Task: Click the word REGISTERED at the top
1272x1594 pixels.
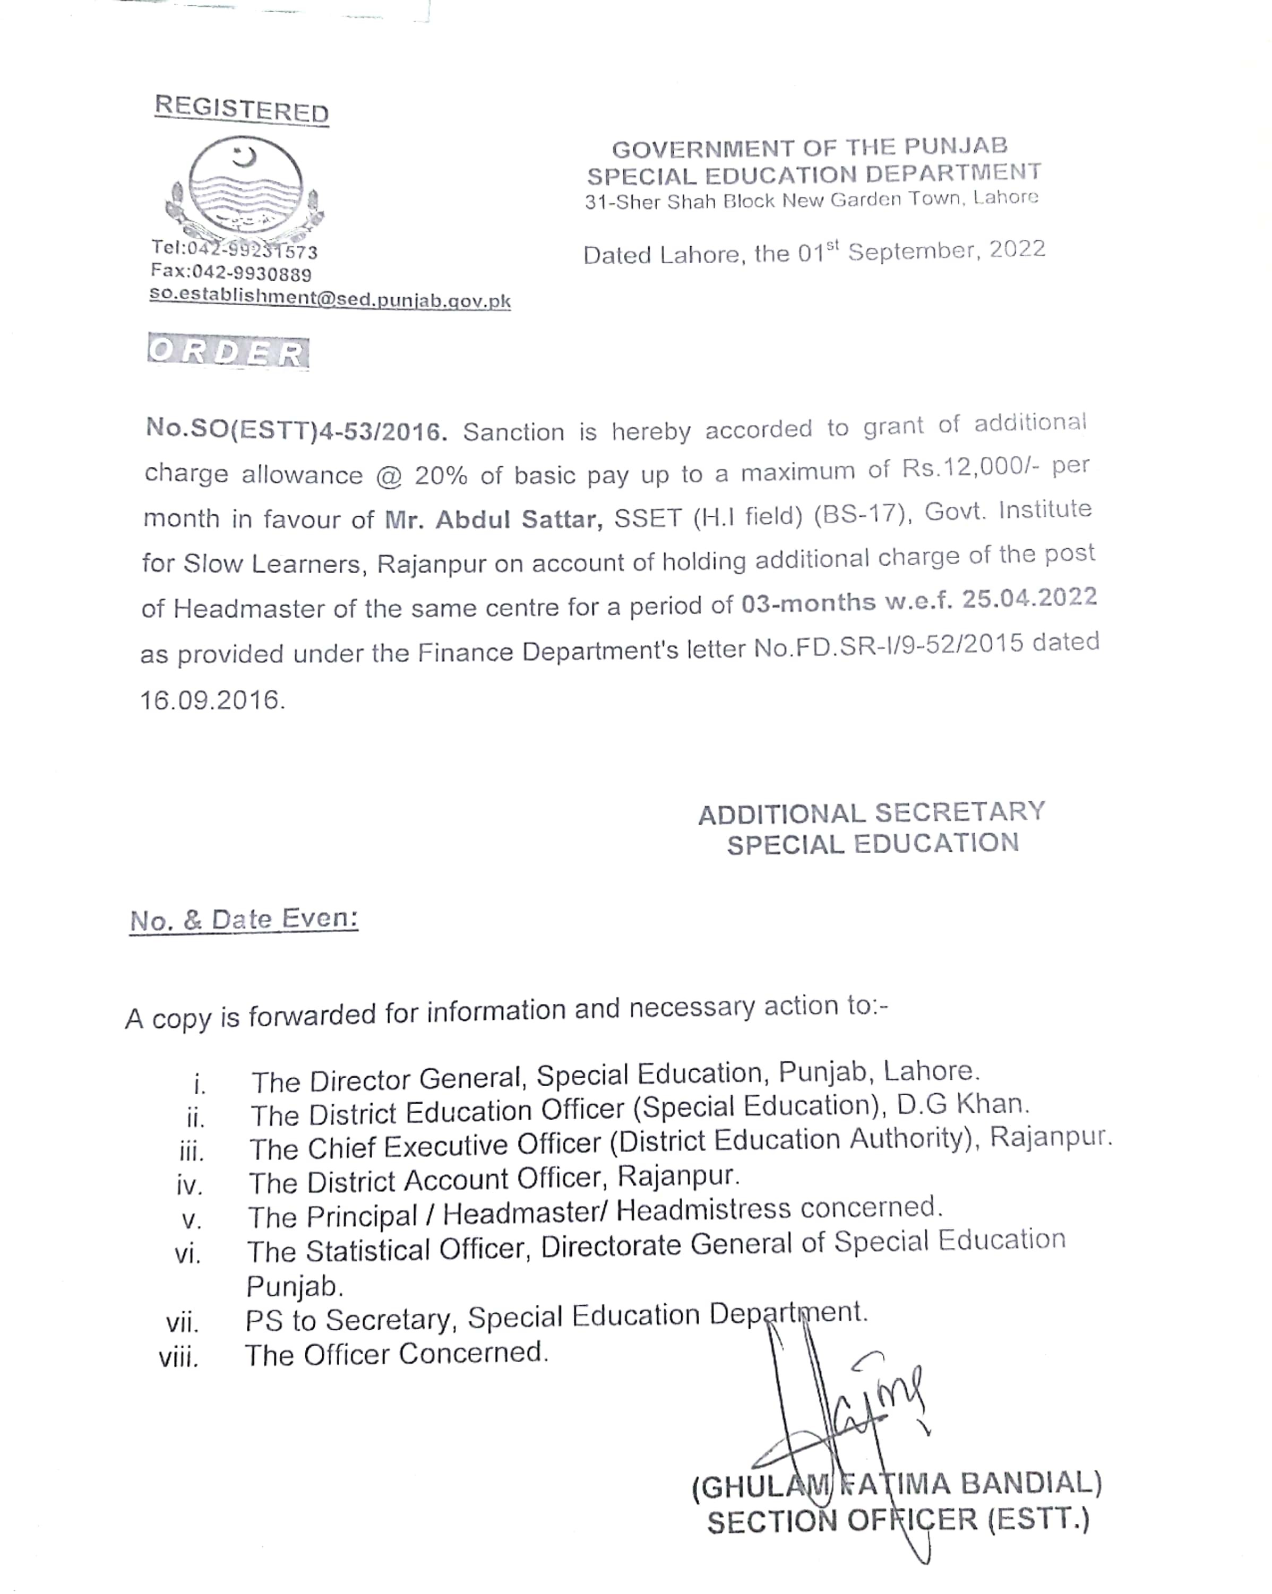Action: pos(241,109)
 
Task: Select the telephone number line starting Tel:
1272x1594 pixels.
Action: pos(234,250)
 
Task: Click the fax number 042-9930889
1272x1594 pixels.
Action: pos(252,274)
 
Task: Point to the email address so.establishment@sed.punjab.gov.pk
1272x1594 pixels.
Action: pos(330,299)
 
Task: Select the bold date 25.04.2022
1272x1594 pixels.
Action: pos(1029,599)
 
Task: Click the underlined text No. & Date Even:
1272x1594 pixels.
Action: pos(244,920)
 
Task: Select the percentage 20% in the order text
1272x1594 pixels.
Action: pos(441,475)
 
